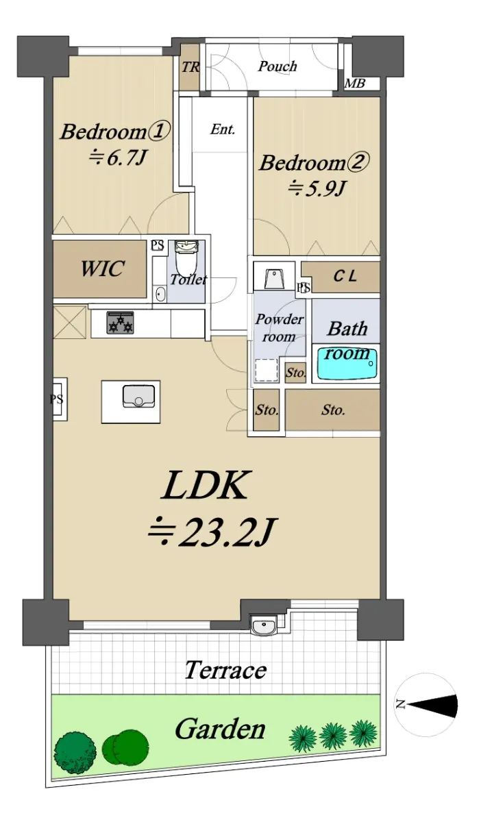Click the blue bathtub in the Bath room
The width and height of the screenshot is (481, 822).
coord(347,364)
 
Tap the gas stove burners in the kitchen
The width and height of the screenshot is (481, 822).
coord(121,322)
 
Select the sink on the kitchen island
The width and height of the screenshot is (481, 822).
coord(138,396)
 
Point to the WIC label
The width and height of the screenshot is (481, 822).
coord(102,269)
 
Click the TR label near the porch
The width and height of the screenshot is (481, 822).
coord(190,67)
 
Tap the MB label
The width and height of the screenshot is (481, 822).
coord(355,84)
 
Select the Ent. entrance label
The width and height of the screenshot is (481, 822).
coord(223,129)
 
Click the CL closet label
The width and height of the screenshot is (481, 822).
coord(345,276)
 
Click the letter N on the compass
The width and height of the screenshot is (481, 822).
coord(400,704)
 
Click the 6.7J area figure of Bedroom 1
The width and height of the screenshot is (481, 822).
coord(117,158)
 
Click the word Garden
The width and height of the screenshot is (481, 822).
coord(221,729)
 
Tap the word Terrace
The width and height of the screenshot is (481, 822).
coord(225,670)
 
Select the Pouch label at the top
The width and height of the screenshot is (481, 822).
coord(277,66)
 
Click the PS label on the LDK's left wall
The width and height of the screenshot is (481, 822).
coord(57,399)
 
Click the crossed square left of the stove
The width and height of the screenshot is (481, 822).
coord(70,323)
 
